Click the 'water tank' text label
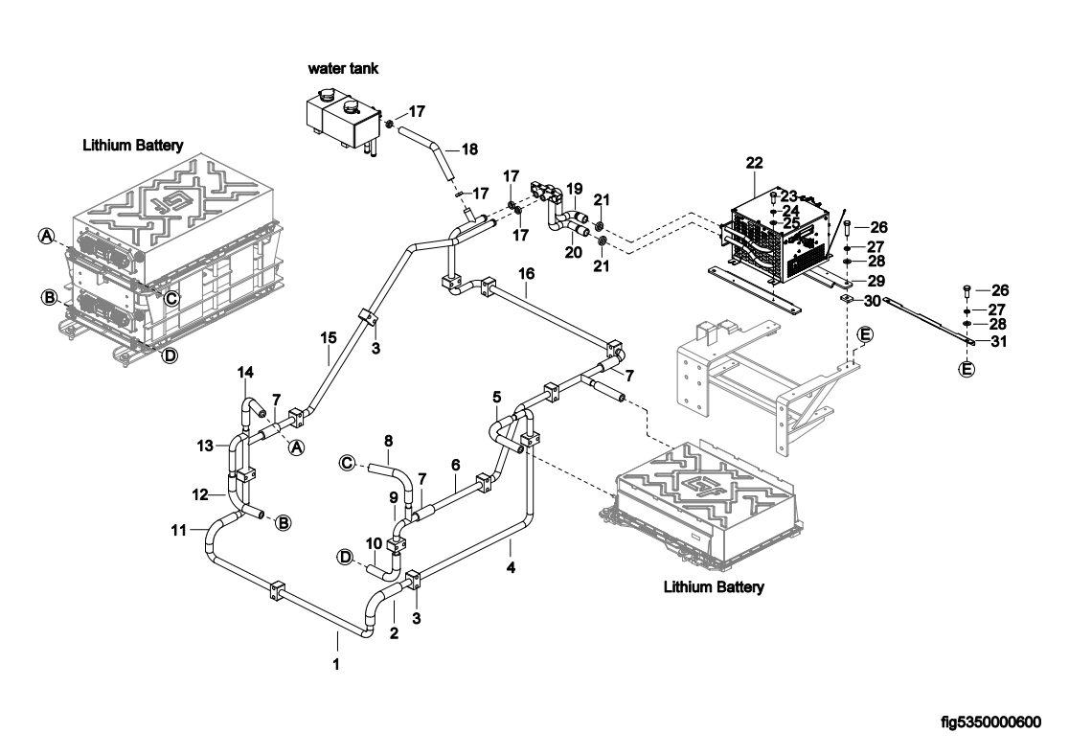pyautogui.click(x=343, y=69)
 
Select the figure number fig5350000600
pyautogui.click(x=990, y=722)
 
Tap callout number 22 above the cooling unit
pyautogui.click(x=754, y=165)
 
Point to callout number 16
pyautogui.click(x=526, y=273)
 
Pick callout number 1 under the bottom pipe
pyautogui.click(x=336, y=662)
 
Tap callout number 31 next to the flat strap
pyautogui.click(x=998, y=341)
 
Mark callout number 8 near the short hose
pyautogui.click(x=389, y=442)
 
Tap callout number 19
pyautogui.click(x=575, y=188)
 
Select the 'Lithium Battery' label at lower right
pyautogui.click(x=714, y=586)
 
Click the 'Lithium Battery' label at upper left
pyautogui.click(x=132, y=146)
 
